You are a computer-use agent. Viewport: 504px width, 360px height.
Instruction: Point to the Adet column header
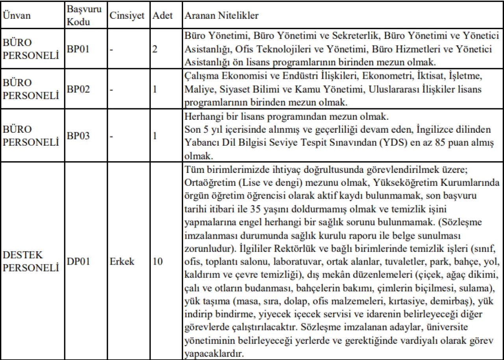pos(163,16)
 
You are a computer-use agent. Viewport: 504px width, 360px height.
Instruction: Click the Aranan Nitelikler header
pos(222,16)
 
